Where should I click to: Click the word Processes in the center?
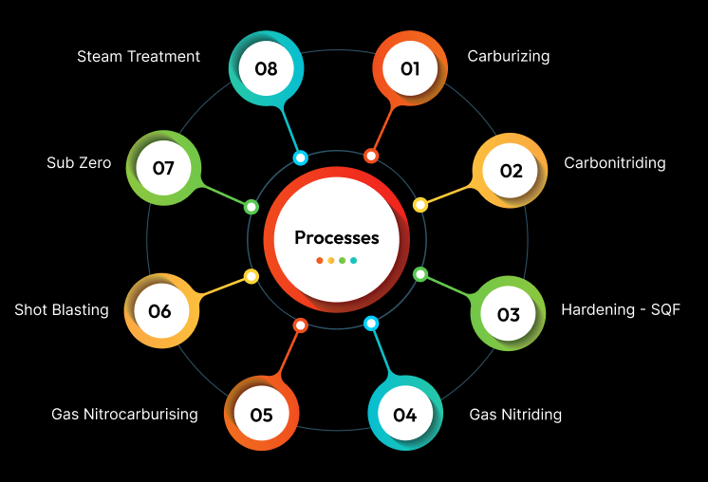(x=336, y=237)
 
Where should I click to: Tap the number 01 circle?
(x=410, y=68)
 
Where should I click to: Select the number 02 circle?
(x=511, y=171)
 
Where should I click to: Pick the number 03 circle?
(x=509, y=314)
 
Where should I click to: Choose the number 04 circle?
(x=405, y=415)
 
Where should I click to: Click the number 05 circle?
(x=261, y=415)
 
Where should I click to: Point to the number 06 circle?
(x=159, y=311)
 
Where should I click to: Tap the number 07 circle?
(x=163, y=168)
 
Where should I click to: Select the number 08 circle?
(x=266, y=68)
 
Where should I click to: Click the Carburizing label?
(x=508, y=56)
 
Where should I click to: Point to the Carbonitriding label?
(x=614, y=162)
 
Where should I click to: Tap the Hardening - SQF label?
(x=621, y=309)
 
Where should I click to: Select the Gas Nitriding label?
(x=515, y=414)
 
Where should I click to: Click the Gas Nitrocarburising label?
(x=124, y=414)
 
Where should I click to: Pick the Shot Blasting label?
(x=62, y=309)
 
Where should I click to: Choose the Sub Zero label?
(x=79, y=162)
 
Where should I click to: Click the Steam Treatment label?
(x=139, y=56)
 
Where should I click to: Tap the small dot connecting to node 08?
(x=301, y=158)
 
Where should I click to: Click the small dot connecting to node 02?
(x=420, y=204)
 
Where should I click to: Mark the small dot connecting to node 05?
(x=300, y=325)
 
